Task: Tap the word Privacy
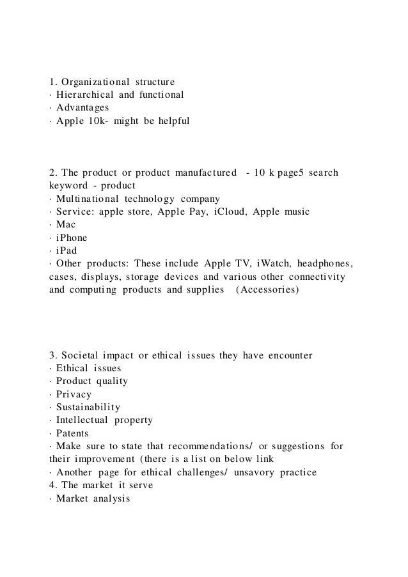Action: click(x=74, y=394)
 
